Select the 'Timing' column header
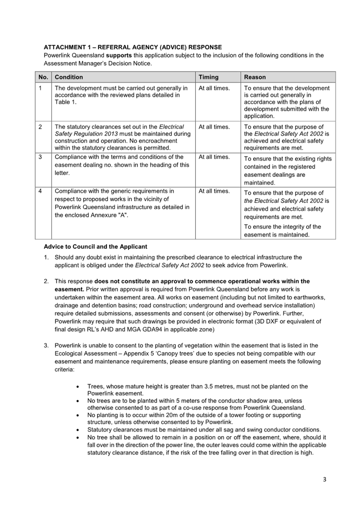208,77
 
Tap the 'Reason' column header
255,77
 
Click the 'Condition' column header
69,77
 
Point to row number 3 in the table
40,157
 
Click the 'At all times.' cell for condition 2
214,127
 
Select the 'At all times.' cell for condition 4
214,191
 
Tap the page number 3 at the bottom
324,479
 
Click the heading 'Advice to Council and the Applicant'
95,246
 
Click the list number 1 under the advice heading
46,258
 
